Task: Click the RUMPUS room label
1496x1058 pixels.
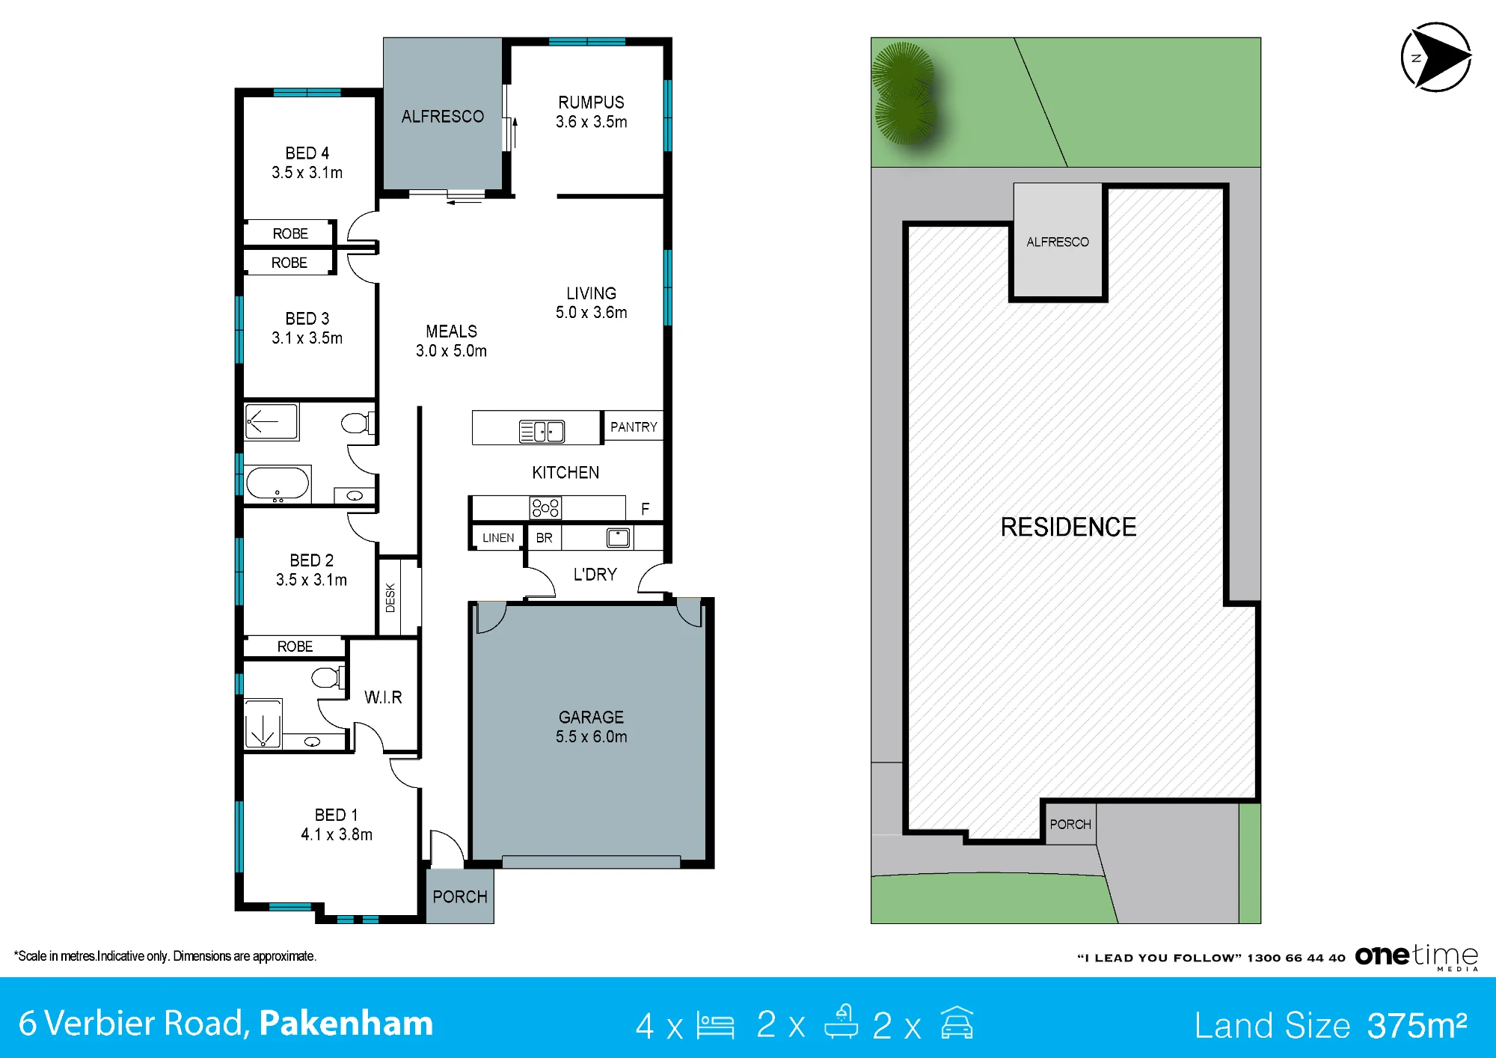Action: [591, 103]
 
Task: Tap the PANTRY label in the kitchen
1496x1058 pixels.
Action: [634, 427]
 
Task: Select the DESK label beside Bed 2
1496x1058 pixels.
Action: [390, 598]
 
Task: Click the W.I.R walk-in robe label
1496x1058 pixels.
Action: [383, 697]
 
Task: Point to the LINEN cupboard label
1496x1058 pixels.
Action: [498, 538]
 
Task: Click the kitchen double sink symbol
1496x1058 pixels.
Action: [542, 431]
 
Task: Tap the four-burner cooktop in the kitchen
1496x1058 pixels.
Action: [545, 508]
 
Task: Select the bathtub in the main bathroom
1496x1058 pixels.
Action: [278, 484]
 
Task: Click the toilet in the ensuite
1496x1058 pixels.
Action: [327, 677]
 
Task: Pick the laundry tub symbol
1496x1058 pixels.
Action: [619, 537]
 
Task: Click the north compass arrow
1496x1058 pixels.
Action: [1436, 58]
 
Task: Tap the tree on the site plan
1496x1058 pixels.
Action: [904, 94]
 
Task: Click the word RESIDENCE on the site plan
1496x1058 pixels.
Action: [1068, 528]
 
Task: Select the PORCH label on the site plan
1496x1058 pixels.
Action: [1070, 825]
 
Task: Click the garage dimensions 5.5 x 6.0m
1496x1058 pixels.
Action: [591, 737]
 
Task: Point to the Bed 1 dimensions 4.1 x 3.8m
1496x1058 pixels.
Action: [337, 834]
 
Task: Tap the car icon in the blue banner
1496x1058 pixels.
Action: [957, 1023]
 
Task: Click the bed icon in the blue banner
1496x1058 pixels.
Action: [715, 1025]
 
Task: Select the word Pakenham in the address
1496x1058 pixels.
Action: [346, 1024]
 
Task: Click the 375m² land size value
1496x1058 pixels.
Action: [1417, 1025]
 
